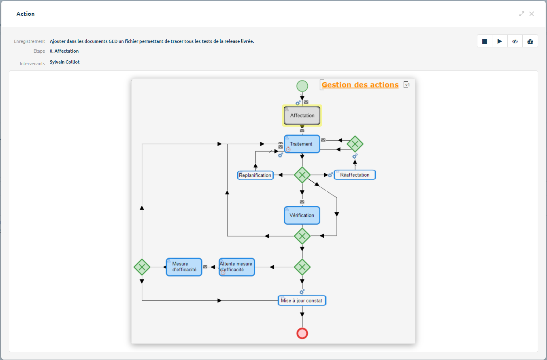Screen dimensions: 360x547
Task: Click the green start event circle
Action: pyautogui.click(x=302, y=86)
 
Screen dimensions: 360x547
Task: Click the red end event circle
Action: pyautogui.click(x=302, y=333)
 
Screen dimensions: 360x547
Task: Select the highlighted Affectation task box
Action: pyautogui.click(x=302, y=116)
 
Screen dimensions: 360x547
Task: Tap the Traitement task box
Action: pyautogui.click(x=302, y=144)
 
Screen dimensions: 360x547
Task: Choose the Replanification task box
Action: pyautogui.click(x=255, y=175)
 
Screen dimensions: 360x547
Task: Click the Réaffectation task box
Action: pyautogui.click(x=355, y=175)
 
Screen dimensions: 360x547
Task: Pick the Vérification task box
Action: pyautogui.click(x=302, y=215)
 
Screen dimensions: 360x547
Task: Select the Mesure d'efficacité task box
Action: pyautogui.click(x=184, y=267)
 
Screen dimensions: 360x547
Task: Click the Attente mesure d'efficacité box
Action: pyautogui.click(x=236, y=267)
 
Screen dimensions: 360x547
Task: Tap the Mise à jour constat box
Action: pyautogui.click(x=302, y=300)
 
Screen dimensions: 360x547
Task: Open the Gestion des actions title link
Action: pyautogui.click(x=360, y=85)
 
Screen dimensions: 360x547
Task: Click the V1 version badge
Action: pyautogui.click(x=407, y=85)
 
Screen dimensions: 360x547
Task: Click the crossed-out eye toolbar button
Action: pyautogui.click(x=515, y=41)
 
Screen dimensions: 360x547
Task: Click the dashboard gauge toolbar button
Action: pyautogui.click(x=530, y=41)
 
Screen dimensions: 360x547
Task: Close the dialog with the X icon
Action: pyautogui.click(x=532, y=14)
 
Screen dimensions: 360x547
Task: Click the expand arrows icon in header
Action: pyautogui.click(x=521, y=14)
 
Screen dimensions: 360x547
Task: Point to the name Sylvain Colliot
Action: pyautogui.click(x=65, y=62)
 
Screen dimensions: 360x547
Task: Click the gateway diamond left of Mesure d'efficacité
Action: pyautogui.click(x=142, y=267)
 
